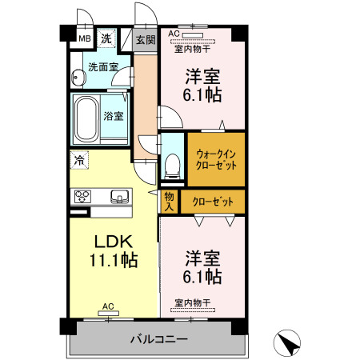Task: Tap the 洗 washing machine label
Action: (x=106, y=37)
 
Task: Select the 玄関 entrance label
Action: (x=144, y=39)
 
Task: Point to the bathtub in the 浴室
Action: (x=85, y=118)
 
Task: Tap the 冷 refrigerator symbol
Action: (x=79, y=160)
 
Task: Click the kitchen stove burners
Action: (x=82, y=196)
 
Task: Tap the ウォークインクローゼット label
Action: (x=216, y=158)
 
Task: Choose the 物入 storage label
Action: (x=170, y=201)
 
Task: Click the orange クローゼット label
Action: (x=213, y=202)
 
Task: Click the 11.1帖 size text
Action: (x=114, y=261)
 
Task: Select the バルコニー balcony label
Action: (x=159, y=339)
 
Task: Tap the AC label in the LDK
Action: (x=108, y=306)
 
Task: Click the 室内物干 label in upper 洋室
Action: (x=191, y=49)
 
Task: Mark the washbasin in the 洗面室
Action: (x=78, y=78)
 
